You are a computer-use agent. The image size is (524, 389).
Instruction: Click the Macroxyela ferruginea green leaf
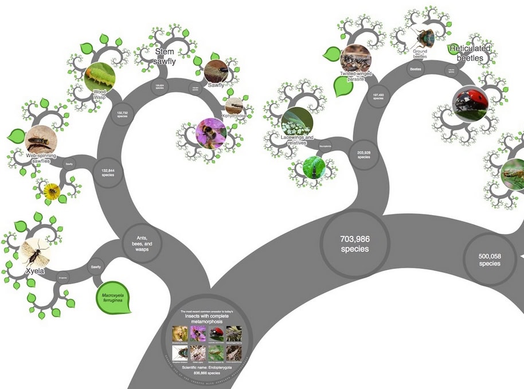click(113, 299)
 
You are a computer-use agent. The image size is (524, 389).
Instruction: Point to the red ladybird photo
click(470, 103)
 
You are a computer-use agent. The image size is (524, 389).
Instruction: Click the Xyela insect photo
click(36, 253)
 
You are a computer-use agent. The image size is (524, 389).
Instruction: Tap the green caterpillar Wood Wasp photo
click(99, 78)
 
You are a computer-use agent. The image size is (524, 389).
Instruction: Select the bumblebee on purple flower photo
click(210, 133)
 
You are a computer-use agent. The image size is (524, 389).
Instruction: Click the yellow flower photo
click(52, 190)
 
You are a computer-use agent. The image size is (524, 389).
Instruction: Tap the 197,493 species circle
click(378, 97)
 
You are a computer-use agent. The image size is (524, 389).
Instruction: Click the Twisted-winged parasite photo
click(355, 59)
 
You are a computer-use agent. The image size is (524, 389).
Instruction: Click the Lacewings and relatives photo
click(297, 121)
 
